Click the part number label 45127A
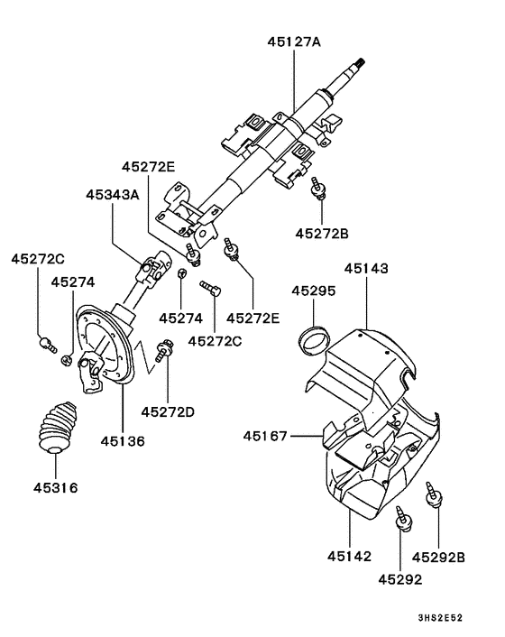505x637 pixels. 296,41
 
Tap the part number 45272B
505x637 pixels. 321,234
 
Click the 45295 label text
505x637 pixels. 314,291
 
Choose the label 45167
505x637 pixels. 264,437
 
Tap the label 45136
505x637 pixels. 122,440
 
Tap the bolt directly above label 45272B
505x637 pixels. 318,187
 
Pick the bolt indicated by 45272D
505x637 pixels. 165,347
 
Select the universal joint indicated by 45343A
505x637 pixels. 150,269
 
